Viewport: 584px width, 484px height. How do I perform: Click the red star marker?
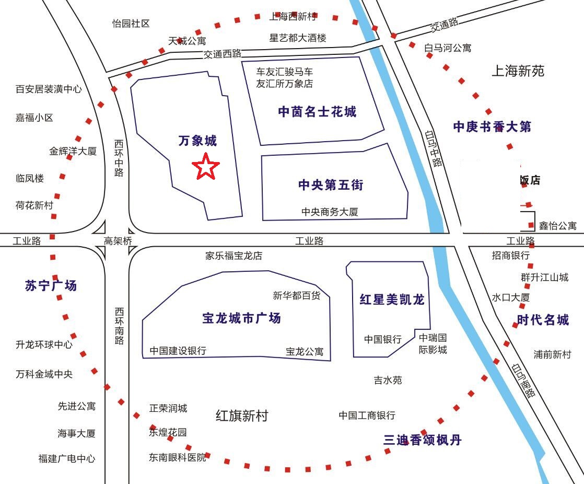click(206, 167)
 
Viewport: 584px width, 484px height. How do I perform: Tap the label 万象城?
click(197, 141)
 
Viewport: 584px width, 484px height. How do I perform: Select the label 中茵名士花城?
click(317, 111)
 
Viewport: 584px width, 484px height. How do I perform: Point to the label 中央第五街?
click(331, 185)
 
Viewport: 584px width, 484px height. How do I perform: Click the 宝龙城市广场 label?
click(241, 318)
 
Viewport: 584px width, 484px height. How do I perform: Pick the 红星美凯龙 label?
click(392, 299)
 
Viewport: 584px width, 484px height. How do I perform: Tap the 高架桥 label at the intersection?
click(118, 241)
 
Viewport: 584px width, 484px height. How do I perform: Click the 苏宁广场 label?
click(51, 285)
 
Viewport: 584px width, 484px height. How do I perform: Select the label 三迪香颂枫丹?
click(423, 440)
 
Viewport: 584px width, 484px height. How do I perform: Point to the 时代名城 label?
click(543, 320)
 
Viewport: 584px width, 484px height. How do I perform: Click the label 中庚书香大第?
click(492, 126)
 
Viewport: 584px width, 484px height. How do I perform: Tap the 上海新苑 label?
click(518, 71)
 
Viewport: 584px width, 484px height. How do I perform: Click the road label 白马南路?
click(524, 381)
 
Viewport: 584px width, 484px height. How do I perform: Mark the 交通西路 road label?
click(223, 53)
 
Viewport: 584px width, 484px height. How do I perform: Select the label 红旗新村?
click(241, 416)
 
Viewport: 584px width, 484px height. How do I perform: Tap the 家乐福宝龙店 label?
click(233, 256)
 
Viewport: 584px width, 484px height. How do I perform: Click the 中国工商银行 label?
click(367, 416)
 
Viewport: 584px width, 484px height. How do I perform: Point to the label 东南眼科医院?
click(177, 457)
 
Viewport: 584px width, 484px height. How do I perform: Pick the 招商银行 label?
click(510, 256)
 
